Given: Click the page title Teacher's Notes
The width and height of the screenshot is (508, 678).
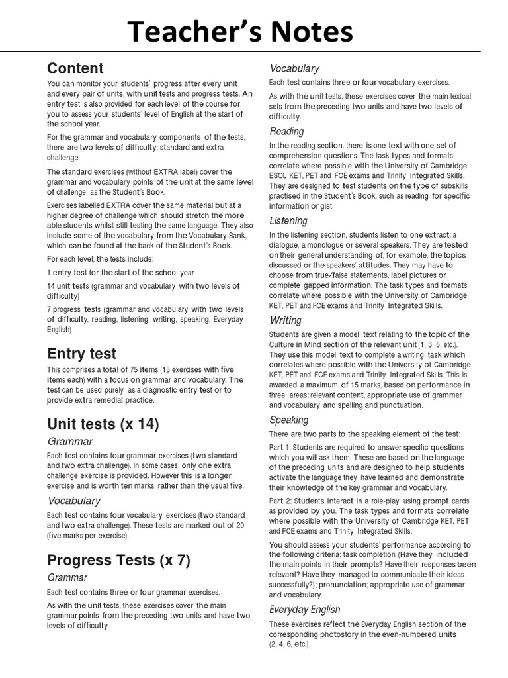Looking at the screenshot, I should click(241, 31).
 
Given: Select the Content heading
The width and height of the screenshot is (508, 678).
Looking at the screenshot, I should click(75, 68).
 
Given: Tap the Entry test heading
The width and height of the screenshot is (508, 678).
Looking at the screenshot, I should click(81, 353).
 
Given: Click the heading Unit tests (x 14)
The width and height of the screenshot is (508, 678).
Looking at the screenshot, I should click(103, 424).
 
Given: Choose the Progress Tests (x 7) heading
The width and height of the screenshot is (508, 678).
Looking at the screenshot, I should click(118, 561).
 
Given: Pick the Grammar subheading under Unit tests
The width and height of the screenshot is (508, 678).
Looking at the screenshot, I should click(69, 442).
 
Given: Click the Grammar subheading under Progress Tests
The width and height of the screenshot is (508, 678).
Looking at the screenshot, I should click(67, 578).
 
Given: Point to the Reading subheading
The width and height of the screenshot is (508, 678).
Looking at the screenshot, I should click(286, 131).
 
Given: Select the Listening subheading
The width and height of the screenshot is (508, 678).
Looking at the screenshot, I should click(288, 220).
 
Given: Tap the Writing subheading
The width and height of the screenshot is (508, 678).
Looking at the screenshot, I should click(285, 320).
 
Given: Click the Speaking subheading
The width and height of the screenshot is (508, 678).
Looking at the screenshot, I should click(288, 420).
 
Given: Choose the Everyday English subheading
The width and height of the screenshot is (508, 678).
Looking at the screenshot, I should click(304, 609).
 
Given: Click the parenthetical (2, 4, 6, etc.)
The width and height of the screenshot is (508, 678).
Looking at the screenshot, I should click(289, 644).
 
